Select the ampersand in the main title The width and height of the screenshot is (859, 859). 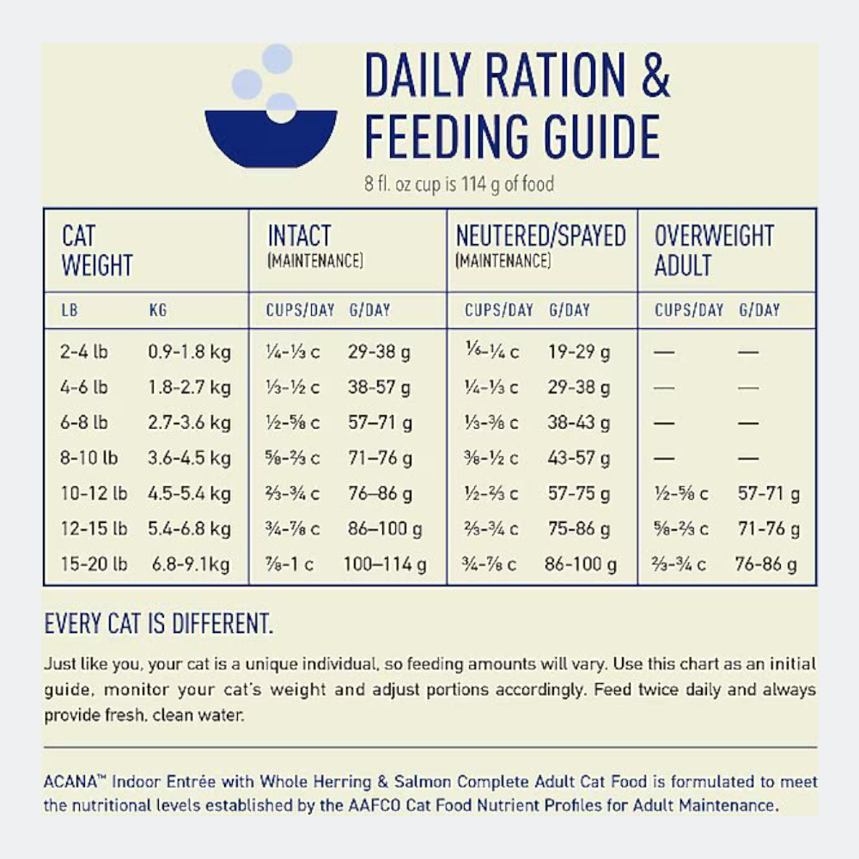tap(655, 77)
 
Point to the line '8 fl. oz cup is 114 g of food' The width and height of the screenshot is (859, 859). tap(460, 185)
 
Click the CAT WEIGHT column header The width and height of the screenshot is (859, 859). tap(97, 251)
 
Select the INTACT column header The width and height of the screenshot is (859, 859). tap(299, 236)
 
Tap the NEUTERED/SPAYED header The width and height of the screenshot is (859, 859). tap(540, 236)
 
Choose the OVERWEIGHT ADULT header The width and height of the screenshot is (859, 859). tap(714, 251)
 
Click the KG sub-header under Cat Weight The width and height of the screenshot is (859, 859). tap(158, 310)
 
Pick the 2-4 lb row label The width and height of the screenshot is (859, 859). tap(84, 351)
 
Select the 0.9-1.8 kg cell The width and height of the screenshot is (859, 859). tap(189, 351)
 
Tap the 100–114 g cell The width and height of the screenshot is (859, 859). tap(384, 564)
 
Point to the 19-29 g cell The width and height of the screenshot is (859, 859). tap(578, 351)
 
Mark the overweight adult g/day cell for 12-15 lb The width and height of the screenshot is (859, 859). tap(769, 528)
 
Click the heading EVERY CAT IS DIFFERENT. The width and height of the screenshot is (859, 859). tap(159, 624)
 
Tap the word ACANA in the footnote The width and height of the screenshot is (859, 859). tap(67, 783)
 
